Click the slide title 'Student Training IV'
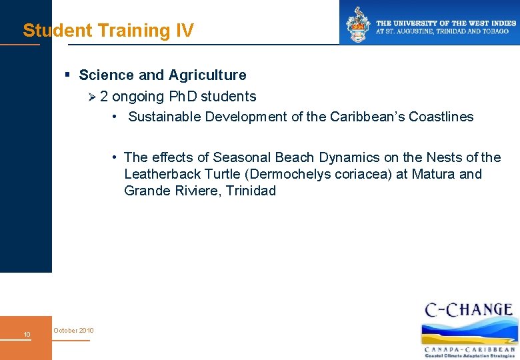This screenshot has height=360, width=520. click(108, 31)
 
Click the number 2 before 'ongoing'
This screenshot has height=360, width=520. click(104, 97)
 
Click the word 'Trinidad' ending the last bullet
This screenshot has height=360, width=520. click(251, 191)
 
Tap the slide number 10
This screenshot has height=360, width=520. click(27, 334)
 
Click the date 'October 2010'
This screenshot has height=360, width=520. click(73, 331)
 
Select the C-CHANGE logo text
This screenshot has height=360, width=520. click(469, 310)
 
